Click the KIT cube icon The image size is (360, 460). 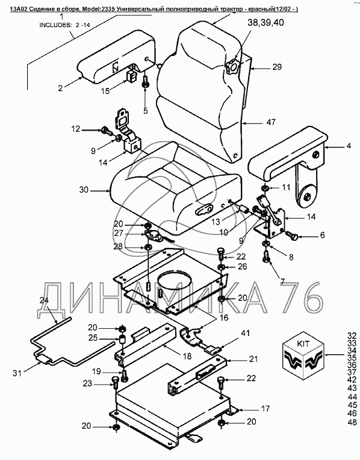coord(303,353)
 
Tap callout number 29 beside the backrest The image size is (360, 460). coord(277,67)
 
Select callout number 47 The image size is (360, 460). coord(271,122)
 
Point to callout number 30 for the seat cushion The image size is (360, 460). coord(84,190)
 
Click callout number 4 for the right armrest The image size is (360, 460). coord(349,146)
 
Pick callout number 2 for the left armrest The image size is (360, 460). coord(60,88)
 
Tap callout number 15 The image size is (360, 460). coord(105,91)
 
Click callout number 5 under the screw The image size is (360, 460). coord(146,111)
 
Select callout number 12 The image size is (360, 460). coord(76,128)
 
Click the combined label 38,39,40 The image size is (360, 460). coord(265,23)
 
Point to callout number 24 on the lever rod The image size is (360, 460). coord(45,300)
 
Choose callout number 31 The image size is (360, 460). coord(17,373)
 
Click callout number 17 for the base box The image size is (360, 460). coord(265,408)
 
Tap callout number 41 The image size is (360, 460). coord(245,333)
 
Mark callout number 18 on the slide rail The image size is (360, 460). coord(187,356)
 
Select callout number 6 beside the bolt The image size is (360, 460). coord(323,235)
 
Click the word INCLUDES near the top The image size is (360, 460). coord(55,25)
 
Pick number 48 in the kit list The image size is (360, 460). coord(352,422)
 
